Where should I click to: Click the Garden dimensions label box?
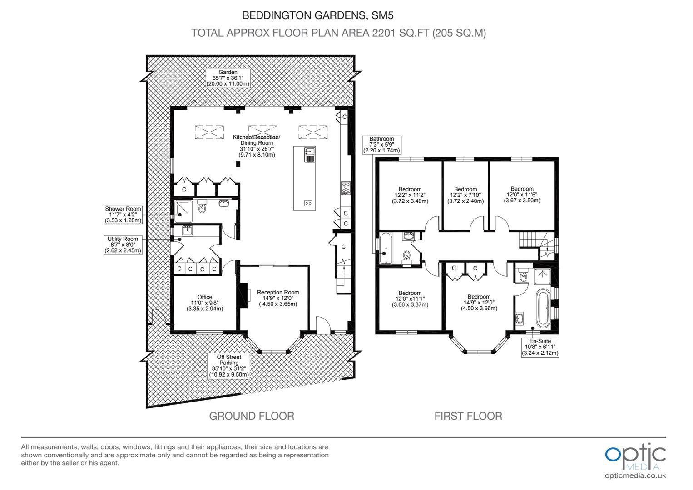pos(228,78)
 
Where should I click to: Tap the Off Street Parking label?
pos(229,366)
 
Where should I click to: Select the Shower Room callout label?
pos(123,215)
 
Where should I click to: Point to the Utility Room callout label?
pos(123,245)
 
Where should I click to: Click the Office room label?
pos(205,303)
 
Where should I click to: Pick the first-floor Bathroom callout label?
pos(381,145)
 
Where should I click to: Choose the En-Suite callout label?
pos(540,347)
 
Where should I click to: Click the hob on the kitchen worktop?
pos(346,188)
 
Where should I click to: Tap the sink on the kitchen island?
pos(310,155)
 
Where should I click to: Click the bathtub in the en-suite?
pos(543,308)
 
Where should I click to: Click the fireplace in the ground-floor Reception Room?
pos(244,292)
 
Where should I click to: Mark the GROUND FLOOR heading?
pos(252,416)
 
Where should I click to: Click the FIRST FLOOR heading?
pos(468,416)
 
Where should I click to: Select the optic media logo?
pos(635,456)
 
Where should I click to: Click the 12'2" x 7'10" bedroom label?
pos(465,195)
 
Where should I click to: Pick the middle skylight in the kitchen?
pos(262,132)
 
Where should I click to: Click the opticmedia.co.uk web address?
pos(635,476)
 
